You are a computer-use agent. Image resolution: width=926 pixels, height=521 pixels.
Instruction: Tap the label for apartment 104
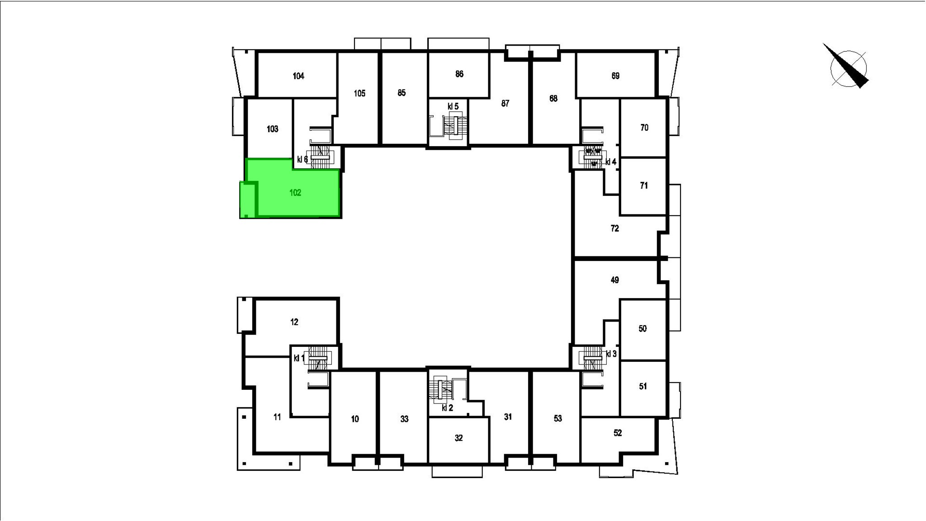click(x=298, y=76)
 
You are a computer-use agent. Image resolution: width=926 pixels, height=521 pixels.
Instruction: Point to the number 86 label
click(x=459, y=74)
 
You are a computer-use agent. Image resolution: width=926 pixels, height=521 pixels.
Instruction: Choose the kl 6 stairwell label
click(x=302, y=160)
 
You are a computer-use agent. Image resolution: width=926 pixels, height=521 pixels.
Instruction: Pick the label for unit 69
click(x=615, y=76)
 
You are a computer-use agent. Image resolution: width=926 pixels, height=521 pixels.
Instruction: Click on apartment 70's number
click(x=644, y=128)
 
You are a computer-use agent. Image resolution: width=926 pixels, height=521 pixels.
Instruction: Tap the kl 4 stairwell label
click(x=611, y=162)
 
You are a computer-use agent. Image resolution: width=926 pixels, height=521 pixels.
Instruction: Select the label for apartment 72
click(x=615, y=228)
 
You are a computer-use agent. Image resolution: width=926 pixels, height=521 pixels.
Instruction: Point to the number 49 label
click(x=615, y=280)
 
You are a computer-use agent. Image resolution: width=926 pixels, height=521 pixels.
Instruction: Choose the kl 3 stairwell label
click(x=611, y=354)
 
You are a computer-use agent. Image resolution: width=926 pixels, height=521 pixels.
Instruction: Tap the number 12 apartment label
click(x=294, y=322)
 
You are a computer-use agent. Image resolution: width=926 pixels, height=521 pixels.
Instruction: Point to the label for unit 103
click(x=272, y=129)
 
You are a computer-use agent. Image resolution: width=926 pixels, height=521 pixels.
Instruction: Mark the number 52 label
click(x=618, y=433)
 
